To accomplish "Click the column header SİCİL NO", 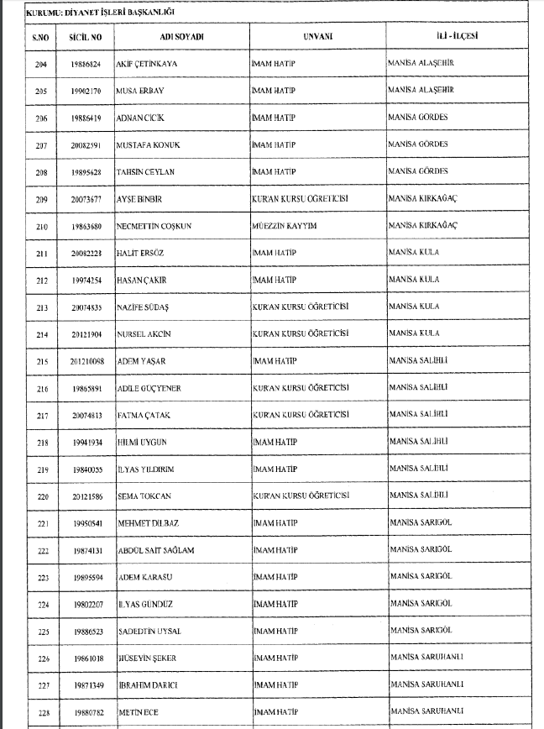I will [x=86, y=37].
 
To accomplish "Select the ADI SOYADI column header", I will [x=181, y=37].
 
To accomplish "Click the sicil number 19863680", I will [x=86, y=226].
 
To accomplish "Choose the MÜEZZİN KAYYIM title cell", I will [x=285, y=226].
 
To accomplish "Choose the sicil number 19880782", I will [x=86, y=711].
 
